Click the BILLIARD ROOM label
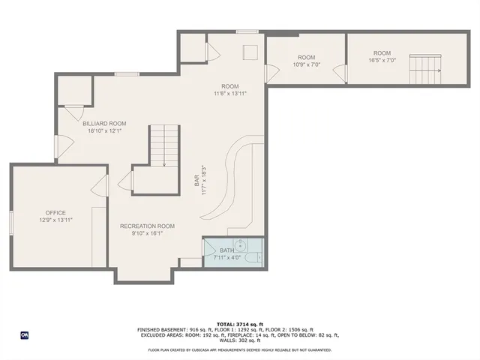click(x=104, y=123)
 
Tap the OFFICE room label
click(x=55, y=212)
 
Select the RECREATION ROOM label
click(x=147, y=226)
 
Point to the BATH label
click(x=226, y=250)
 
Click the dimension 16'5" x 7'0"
click(x=382, y=61)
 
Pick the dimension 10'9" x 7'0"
click(x=306, y=65)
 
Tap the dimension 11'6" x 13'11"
click(x=230, y=93)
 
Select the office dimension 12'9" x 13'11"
click(x=55, y=220)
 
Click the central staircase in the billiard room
click(x=164, y=147)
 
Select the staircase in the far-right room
click(x=425, y=70)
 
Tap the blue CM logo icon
click(x=24, y=334)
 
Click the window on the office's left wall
click(x=10, y=223)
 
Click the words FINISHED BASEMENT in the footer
click(x=160, y=329)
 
